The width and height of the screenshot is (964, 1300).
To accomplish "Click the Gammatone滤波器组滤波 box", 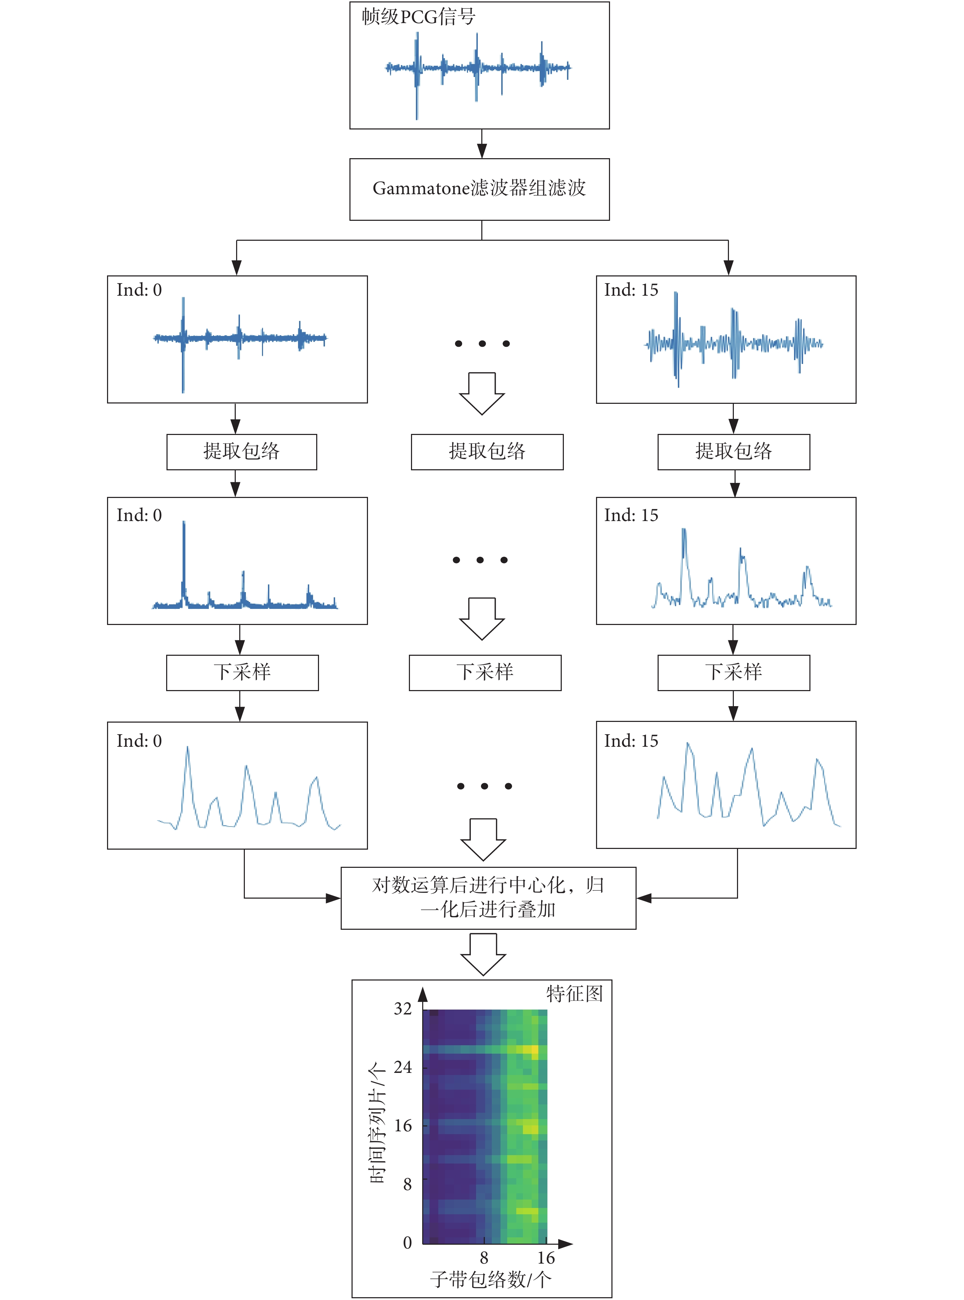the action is coord(480,189).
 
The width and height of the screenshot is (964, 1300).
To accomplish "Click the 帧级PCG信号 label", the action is coord(418,16).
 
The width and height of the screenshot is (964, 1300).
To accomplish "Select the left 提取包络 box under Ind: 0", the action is coord(242,452).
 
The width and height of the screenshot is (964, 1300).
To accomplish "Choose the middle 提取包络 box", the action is coord(487,452).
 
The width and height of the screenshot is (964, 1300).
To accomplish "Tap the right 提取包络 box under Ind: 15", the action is coord(733,452).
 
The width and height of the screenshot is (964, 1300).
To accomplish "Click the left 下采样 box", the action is coord(242,673).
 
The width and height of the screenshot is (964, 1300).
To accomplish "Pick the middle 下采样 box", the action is coord(485,673).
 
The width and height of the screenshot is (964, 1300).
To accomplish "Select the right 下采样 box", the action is coord(733,673).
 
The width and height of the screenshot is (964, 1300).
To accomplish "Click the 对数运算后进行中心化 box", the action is coord(488,898).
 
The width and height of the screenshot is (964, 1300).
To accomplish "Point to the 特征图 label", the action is coord(574,993).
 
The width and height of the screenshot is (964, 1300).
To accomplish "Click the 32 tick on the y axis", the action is coord(403,1009).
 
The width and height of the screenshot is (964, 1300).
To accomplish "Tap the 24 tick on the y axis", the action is coord(403,1067).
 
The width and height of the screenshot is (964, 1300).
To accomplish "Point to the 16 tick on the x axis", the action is coord(546,1258).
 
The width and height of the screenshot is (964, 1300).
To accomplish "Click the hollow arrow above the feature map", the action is coord(483,954).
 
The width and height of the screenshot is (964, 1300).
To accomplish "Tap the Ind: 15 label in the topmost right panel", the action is coord(631,290).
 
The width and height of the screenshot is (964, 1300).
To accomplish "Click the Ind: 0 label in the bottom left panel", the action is coord(139,741).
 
